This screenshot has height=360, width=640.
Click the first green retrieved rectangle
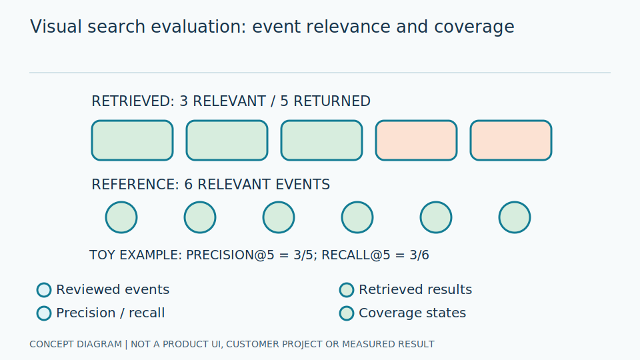[x=132, y=141]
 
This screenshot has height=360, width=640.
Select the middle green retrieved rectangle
[x=227, y=141]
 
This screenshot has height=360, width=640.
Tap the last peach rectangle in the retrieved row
[x=511, y=141]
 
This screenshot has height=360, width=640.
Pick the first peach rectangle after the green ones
[x=416, y=141]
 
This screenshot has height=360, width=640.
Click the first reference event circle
[x=121, y=217]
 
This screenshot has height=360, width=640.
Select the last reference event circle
[x=515, y=217]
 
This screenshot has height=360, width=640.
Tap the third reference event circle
[x=279, y=217]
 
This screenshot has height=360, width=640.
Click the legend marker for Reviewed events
[x=44, y=290]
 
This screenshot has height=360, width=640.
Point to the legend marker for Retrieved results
[x=347, y=290]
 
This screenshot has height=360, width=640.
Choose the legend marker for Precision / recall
[x=44, y=313]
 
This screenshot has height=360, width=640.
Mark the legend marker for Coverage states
[x=347, y=313]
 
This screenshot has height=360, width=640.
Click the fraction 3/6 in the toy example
[x=419, y=255]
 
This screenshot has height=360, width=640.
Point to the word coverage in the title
[x=474, y=27]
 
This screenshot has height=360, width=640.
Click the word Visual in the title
[x=56, y=27]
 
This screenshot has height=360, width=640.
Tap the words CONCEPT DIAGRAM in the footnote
[x=75, y=345]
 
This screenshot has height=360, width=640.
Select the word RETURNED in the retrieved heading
[x=332, y=101]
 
